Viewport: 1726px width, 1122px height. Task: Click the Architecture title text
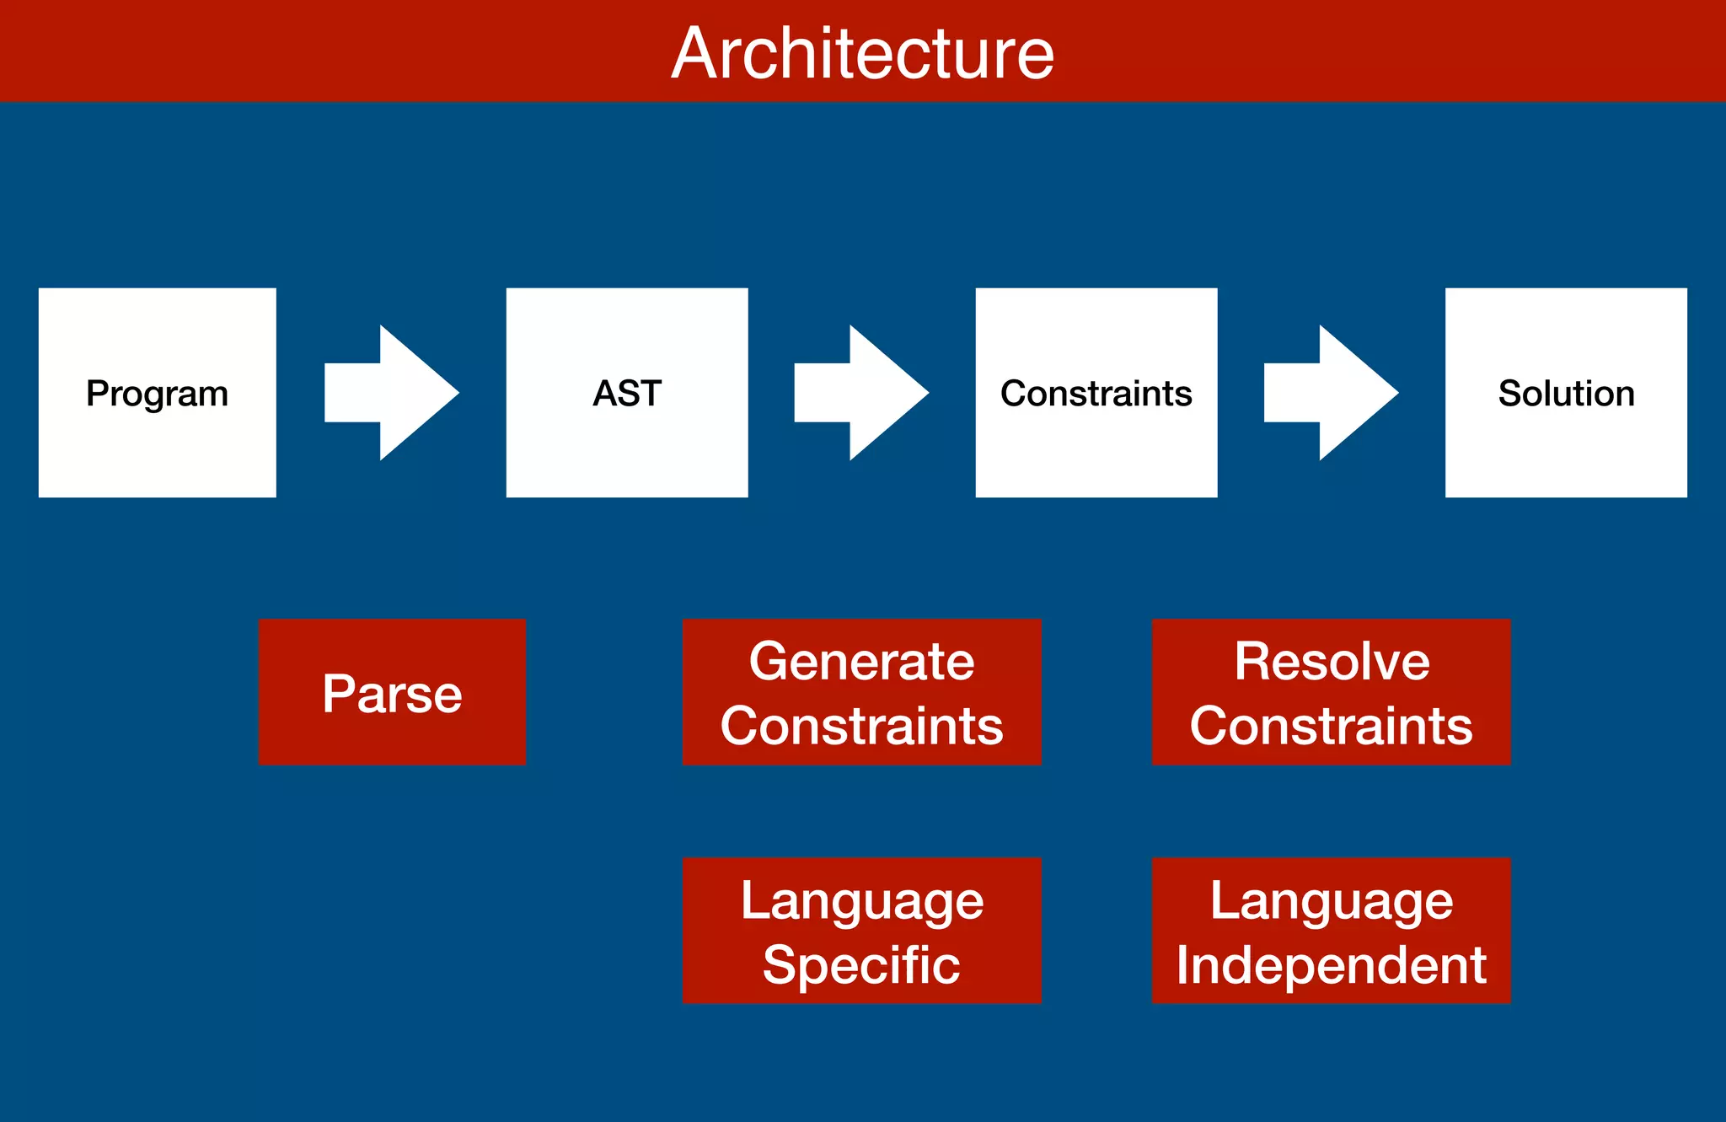click(x=862, y=53)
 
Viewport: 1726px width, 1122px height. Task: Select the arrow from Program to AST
click(x=392, y=393)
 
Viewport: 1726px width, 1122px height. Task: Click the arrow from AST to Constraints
click(x=861, y=393)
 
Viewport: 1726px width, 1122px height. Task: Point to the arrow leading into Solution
click(x=1331, y=393)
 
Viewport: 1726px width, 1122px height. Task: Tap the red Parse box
click(x=392, y=693)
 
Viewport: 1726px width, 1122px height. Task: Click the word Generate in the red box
click(x=861, y=661)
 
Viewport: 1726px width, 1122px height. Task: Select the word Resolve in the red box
click(x=1332, y=661)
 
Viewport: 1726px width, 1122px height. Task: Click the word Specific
click(x=861, y=964)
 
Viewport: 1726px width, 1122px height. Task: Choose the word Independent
click(x=1331, y=964)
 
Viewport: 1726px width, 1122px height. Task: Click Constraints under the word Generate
click(x=861, y=726)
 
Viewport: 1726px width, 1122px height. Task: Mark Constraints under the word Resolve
click(x=1331, y=726)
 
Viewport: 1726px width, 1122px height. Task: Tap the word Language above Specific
click(x=861, y=901)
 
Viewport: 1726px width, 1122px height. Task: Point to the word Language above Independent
click(x=1331, y=901)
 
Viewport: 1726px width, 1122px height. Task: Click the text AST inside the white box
click(x=627, y=394)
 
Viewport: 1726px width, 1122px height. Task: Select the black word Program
click(x=157, y=394)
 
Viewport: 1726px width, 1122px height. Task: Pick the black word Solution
click(x=1566, y=394)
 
